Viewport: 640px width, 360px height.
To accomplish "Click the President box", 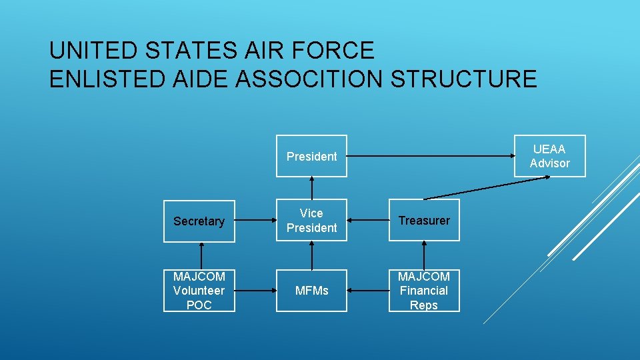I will [311, 157].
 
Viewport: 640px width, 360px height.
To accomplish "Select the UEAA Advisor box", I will [549, 157].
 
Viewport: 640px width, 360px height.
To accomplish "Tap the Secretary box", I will [199, 221].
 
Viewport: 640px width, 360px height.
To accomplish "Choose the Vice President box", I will [311, 221].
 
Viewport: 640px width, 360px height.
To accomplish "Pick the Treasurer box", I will [424, 221].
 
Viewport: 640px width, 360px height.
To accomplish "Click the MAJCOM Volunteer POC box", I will [199, 291].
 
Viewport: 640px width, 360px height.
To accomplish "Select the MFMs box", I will [311, 291].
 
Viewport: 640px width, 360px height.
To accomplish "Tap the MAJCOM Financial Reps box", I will [424, 291].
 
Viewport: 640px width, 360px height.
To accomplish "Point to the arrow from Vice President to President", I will [311, 188].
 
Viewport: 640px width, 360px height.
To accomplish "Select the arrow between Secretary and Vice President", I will [255, 221].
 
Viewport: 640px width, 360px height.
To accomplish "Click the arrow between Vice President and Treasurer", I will [368, 221].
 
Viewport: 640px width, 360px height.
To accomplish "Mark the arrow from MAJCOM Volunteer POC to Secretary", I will [199, 255].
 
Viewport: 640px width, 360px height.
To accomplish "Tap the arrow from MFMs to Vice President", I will [311, 255].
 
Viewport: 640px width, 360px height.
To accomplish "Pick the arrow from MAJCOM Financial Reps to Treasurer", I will [424, 255].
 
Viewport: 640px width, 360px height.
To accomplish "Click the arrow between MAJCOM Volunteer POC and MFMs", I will [255, 291].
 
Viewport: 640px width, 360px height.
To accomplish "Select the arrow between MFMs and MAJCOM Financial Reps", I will [368, 291].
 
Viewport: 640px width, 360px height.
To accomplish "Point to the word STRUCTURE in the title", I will [464, 79].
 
